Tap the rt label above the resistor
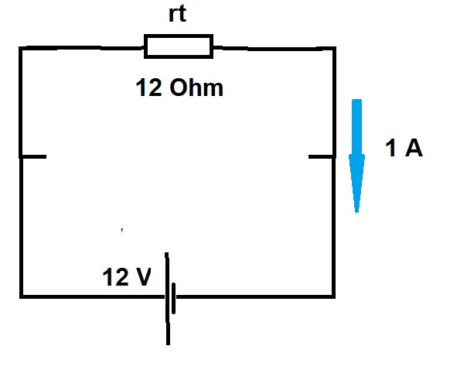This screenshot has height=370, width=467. tap(178, 14)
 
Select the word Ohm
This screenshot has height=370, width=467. tap(196, 87)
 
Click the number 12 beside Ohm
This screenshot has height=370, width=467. tap(149, 87)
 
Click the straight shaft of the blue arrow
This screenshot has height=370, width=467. tap(356, 127)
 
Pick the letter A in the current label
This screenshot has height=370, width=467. tap(414, 148)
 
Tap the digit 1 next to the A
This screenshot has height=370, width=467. tap(390, 148)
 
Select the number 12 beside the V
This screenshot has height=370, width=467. tap(115, 276)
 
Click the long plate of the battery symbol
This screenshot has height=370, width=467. tap(168, 299)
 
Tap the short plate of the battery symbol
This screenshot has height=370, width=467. tap(174, 298)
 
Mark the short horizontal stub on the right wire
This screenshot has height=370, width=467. tap(321, 156)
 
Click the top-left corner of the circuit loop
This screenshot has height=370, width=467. tap(20, 48)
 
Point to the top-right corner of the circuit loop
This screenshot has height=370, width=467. tap(335, 48)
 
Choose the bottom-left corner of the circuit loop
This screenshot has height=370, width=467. tap(21, 296)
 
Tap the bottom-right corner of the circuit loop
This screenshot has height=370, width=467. tap(333, 296)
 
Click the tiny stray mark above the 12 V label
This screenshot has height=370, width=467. tap(122, 230)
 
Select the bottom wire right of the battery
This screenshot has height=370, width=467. tap(255, 296)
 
